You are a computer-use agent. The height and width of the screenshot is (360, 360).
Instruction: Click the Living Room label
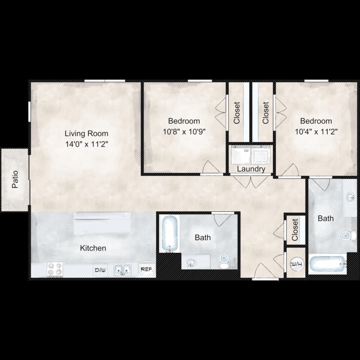coord(86,133)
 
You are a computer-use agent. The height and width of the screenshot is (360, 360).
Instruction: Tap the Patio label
coord(15,180)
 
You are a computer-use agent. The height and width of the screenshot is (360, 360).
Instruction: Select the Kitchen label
coord(93,248)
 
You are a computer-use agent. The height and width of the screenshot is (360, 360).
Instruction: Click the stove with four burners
coord(55,269)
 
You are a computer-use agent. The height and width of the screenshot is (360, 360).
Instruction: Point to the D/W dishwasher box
coord(100,270)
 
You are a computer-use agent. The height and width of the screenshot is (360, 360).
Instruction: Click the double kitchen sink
coord(122,270)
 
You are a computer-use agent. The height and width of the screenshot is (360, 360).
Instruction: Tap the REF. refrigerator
coord(147,269)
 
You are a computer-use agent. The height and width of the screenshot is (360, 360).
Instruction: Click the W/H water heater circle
coord(297,264)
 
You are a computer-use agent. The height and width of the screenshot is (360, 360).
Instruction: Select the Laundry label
coord(251,169)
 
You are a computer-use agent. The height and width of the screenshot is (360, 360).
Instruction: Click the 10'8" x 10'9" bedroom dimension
coord(184,132)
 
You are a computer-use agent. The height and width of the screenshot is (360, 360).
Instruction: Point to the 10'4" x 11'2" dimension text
coord(316,132)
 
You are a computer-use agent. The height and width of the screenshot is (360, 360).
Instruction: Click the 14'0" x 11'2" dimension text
coord(86,144)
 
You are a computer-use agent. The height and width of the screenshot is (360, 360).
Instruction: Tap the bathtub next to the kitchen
coord(169,233)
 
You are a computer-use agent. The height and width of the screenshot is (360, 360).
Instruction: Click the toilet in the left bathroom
coord(224,261)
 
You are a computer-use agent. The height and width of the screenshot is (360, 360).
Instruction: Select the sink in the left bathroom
coord(191,262)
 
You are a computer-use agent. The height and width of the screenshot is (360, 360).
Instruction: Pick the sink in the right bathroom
coord(350,197)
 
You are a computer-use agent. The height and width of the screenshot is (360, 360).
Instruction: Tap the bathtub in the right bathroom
coord(327,264)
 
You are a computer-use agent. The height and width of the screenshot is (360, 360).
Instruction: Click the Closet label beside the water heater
coord(295,230)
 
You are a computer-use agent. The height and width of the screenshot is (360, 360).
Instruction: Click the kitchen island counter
coord(102,223)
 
